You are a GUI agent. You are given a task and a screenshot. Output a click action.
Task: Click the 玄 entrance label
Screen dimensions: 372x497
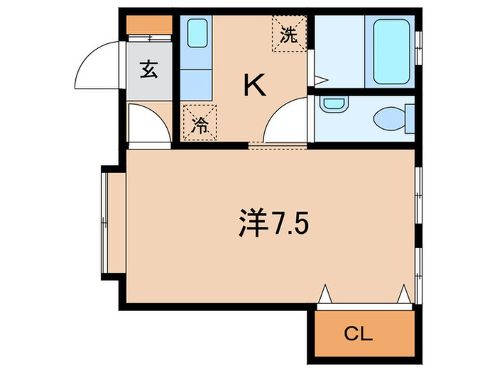(149, 71)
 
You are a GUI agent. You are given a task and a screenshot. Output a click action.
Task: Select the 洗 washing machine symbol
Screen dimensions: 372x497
(288, 33)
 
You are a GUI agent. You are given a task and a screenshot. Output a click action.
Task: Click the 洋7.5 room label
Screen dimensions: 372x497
(273, 225)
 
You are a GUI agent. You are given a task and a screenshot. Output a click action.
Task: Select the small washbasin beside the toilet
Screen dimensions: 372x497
(332, 105)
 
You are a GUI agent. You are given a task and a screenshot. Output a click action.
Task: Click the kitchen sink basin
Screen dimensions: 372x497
(197, 32)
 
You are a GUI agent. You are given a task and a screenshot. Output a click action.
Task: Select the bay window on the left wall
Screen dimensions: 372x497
(107, 224)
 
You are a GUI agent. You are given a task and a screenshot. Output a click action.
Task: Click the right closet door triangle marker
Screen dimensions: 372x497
(405, 292)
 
